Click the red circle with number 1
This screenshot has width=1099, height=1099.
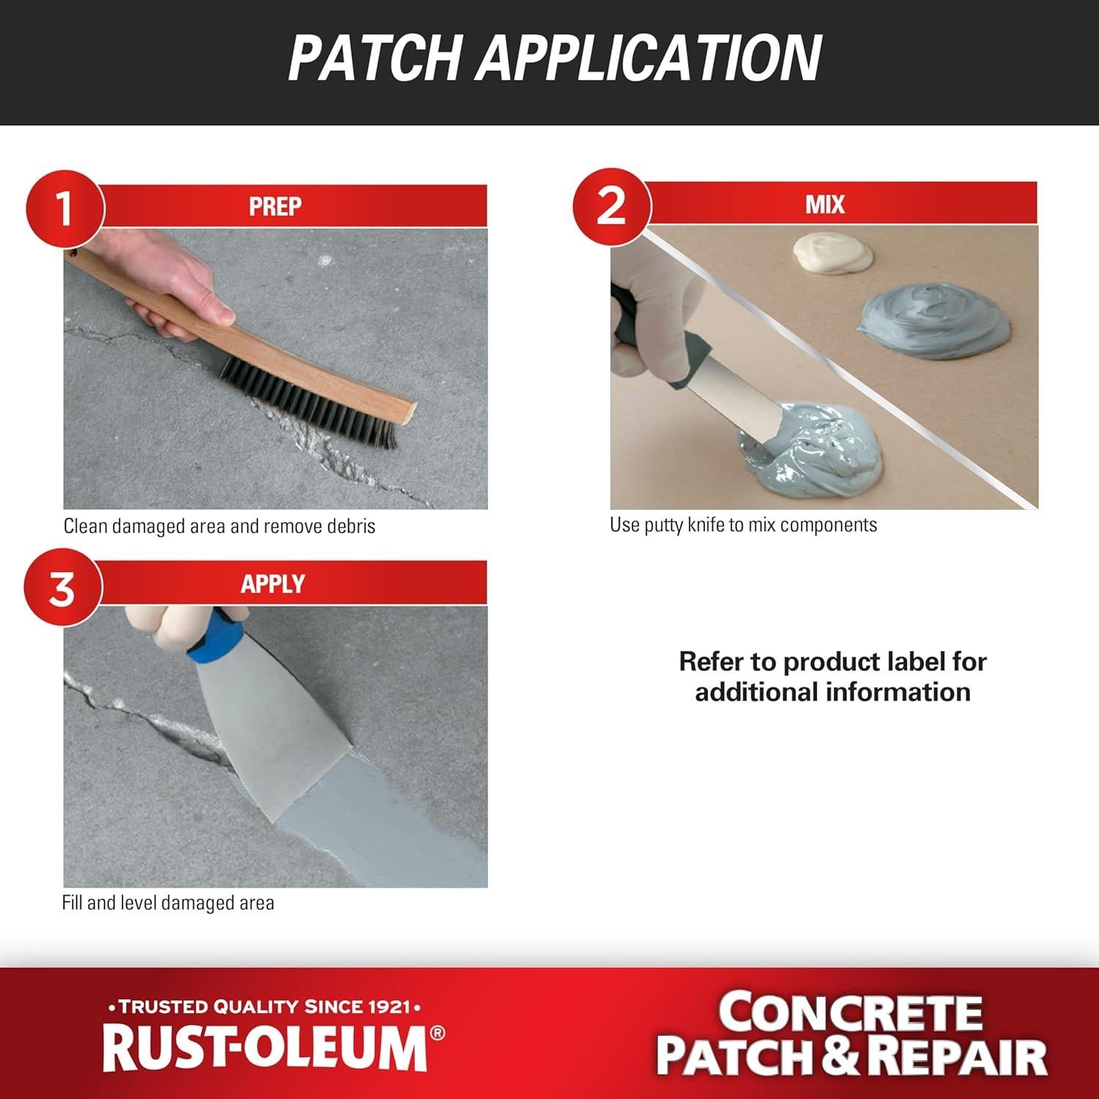click(x=64, y=209)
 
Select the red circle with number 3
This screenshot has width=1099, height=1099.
click(x=62, y=588)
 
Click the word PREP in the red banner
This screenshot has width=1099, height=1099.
click(x=275, y=207)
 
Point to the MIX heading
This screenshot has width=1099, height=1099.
click(x=825, y=204)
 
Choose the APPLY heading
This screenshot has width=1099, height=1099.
click(x=273, y=584)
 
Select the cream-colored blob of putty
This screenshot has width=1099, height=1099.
click(x=832, y=254)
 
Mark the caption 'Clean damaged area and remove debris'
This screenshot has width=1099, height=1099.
click(x=219, y=526)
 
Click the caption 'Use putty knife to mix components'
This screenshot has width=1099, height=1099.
click(x=743, y=525)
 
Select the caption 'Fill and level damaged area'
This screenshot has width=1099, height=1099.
click(x=168, y=903)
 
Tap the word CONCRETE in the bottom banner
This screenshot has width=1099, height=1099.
click(x=849, y=1013)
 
